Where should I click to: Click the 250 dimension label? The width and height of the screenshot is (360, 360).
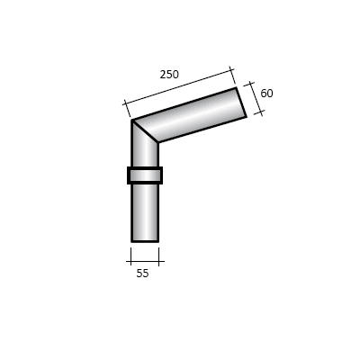pyautogui.click(x=169, y=75)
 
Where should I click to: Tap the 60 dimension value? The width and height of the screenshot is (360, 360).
pyautogui.click(x=266, y=94)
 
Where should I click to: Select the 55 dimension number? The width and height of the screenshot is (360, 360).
pyautogui.click(x=142, y=274)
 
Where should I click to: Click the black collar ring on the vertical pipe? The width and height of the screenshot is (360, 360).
pyautogui.click(x=145, y=175)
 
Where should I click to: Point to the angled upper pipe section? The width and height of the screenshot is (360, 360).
pyautogui.click(x=190, y=115)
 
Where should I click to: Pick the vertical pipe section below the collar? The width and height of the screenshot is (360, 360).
pyautogui.click(x=145, y=212)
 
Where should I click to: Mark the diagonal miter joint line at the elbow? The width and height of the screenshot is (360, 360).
pyautogui.click(x=145, y=130)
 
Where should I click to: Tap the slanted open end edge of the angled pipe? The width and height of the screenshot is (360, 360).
pyautogui.click(x=241, y=102)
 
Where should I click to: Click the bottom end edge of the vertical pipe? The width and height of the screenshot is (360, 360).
pyautogui.click(x=145, y=241)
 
